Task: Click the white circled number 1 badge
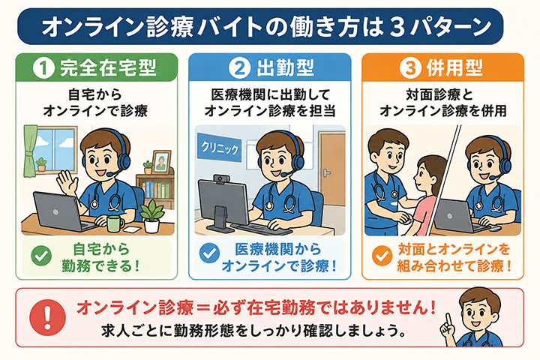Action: pyautogui.click(x=43, y=67)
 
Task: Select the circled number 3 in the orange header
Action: pyautogui.click(x=409, y=67)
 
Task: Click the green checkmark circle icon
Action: pyautogui.click(x=41, y=256)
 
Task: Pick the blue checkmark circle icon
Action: pyautogui.click(x=209, y=253)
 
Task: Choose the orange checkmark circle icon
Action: pyautogui.click(x=382, y=256)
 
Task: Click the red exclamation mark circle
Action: pyautogui.click(x=47, y=317)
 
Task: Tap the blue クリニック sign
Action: pyautogui.click(x=219, y=148)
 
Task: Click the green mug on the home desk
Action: pyautogui.click(x=115, y=223)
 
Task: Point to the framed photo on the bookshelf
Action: pyautogui.click(x=161, y=161)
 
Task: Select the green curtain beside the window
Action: pyautogui.click(x=31, y=151)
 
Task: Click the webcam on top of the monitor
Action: pyautogui.click(x=219, y=179)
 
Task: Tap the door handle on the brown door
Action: pyautogui.click(x=326, y=173)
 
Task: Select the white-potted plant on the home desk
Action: pyautogui.click(x=151, y=216)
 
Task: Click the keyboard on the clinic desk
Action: pyautogui.click(x=261, y=229)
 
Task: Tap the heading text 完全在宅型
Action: pyautogui.click(x=108, y=67)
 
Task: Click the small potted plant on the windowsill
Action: pyautogui.click(x=41, y=164)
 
